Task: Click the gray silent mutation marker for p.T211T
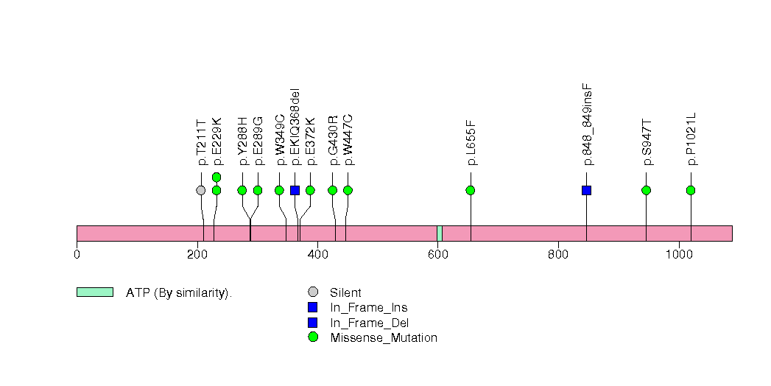201,190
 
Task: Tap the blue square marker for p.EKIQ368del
295,190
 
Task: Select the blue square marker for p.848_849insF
586,190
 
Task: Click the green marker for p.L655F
471,190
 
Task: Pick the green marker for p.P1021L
691,190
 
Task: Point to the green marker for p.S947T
646,190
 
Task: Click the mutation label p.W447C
348,139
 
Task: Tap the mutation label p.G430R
333,140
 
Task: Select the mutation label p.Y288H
242,141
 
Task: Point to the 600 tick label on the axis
437,255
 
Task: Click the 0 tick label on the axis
77,255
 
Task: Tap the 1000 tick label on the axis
678,255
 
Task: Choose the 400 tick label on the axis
317,255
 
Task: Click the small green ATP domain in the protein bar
440,233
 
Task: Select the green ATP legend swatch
94,292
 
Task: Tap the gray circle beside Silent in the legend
313,292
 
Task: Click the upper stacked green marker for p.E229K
216,177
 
